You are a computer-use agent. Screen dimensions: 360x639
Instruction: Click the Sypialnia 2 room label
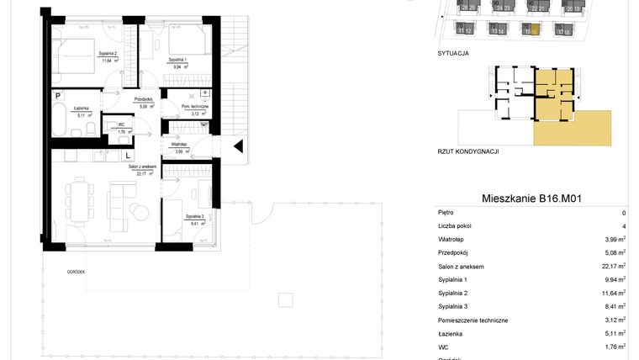pos(107,55)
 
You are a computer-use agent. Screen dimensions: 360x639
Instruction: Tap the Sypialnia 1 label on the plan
pos(177,61)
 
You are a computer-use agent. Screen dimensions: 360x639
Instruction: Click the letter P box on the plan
pos(58,96)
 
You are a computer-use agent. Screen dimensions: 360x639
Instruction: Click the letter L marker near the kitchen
pos(127,155)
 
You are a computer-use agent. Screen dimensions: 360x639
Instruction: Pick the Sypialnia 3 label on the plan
pos(194,217)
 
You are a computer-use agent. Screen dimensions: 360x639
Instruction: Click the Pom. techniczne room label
pos(195,107)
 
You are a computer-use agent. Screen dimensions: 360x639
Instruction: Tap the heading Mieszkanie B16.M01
pos(532,199)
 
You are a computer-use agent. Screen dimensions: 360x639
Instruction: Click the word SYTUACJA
pos(453,52)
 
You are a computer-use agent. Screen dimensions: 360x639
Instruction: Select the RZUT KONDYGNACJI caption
pos(469,151)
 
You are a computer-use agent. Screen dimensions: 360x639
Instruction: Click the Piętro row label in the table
pos(446,213)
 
